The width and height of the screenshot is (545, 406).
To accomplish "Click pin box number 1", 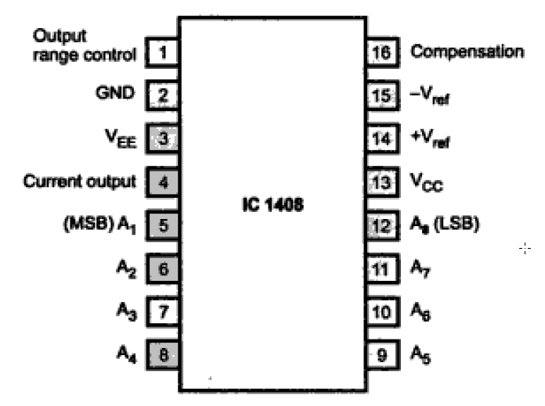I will point(163,53).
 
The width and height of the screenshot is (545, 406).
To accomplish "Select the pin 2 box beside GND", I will point(163,96).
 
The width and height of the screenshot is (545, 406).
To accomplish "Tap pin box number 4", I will point(163,182).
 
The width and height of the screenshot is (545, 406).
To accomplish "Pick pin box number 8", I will point(163,354).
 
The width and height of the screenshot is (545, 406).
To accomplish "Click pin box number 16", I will point(381,53).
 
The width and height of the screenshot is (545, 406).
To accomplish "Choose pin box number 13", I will point(381,182).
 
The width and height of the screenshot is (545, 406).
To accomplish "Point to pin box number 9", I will point(381,354).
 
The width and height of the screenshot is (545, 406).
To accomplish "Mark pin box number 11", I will point(381,268).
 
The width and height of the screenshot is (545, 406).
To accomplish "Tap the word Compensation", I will point(467,52).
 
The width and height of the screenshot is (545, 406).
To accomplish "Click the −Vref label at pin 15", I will point(430,97).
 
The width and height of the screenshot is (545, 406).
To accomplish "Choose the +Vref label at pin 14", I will point(430,140).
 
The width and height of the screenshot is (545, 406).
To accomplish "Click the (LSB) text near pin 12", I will point(458,225).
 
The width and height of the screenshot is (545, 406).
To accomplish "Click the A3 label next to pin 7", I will point(125,311).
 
